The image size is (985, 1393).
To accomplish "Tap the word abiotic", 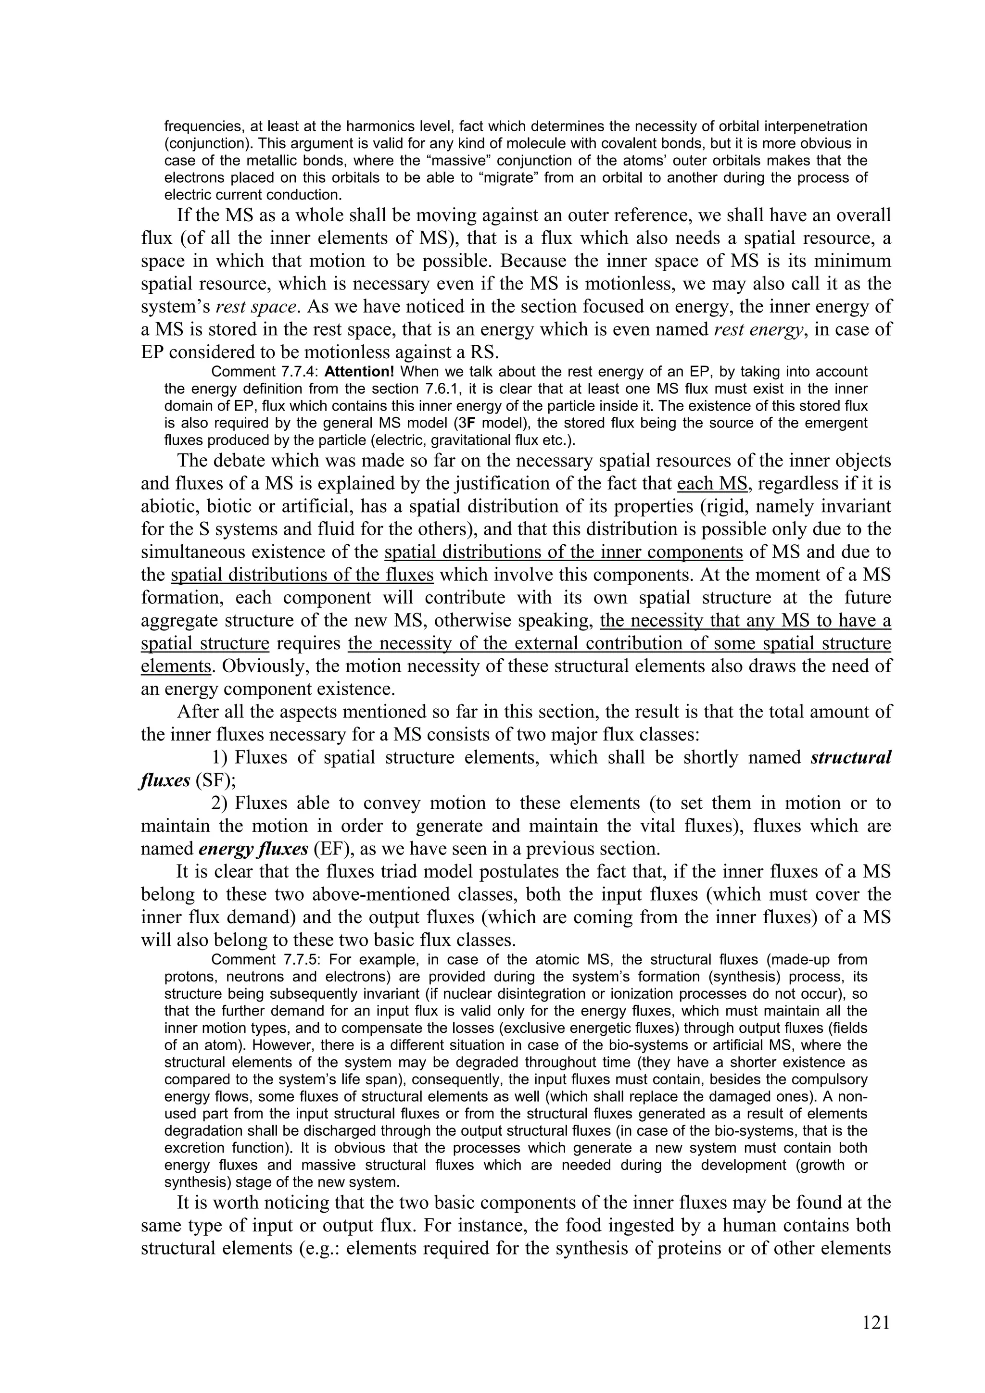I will click(168, 507).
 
